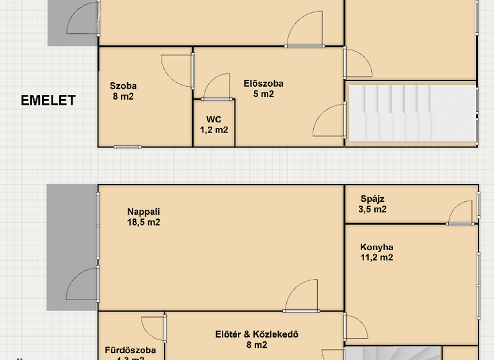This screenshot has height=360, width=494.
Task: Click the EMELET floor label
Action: (48, 100)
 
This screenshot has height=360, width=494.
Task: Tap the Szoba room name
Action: (123, 86)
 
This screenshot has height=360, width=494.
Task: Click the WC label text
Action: (214, 119)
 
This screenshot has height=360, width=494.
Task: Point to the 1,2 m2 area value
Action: (214, 130)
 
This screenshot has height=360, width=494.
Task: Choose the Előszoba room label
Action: (264, 84)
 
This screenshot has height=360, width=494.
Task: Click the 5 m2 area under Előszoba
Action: (264, 94)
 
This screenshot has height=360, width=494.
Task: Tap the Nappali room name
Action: (143, 212)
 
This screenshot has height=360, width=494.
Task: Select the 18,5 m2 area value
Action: (143, 223)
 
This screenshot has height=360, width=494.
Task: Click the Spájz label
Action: (372, 199)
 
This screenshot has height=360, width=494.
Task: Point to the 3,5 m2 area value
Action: (372, 210)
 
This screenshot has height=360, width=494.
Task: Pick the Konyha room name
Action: (377, 247)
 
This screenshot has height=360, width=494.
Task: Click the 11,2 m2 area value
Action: (377, 258)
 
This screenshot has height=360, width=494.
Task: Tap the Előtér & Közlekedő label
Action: (257, 334)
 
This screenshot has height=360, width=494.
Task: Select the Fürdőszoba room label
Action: (130, 350)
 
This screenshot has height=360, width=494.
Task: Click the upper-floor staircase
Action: (412, 113)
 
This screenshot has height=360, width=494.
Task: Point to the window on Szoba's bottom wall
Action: (127, 147)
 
